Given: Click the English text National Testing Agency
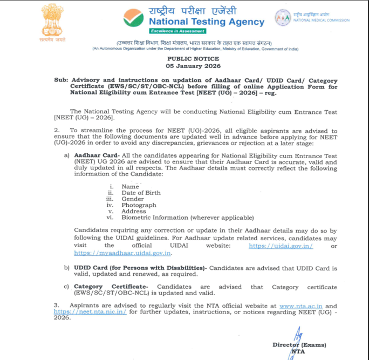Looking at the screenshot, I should [207, 22].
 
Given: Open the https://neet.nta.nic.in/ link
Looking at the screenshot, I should [90, 312].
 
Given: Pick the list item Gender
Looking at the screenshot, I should [133, 199].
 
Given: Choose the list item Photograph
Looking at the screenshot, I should [139, 205].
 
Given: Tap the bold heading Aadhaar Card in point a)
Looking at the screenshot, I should [92, 155].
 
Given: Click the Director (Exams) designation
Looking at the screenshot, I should [299, 345].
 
